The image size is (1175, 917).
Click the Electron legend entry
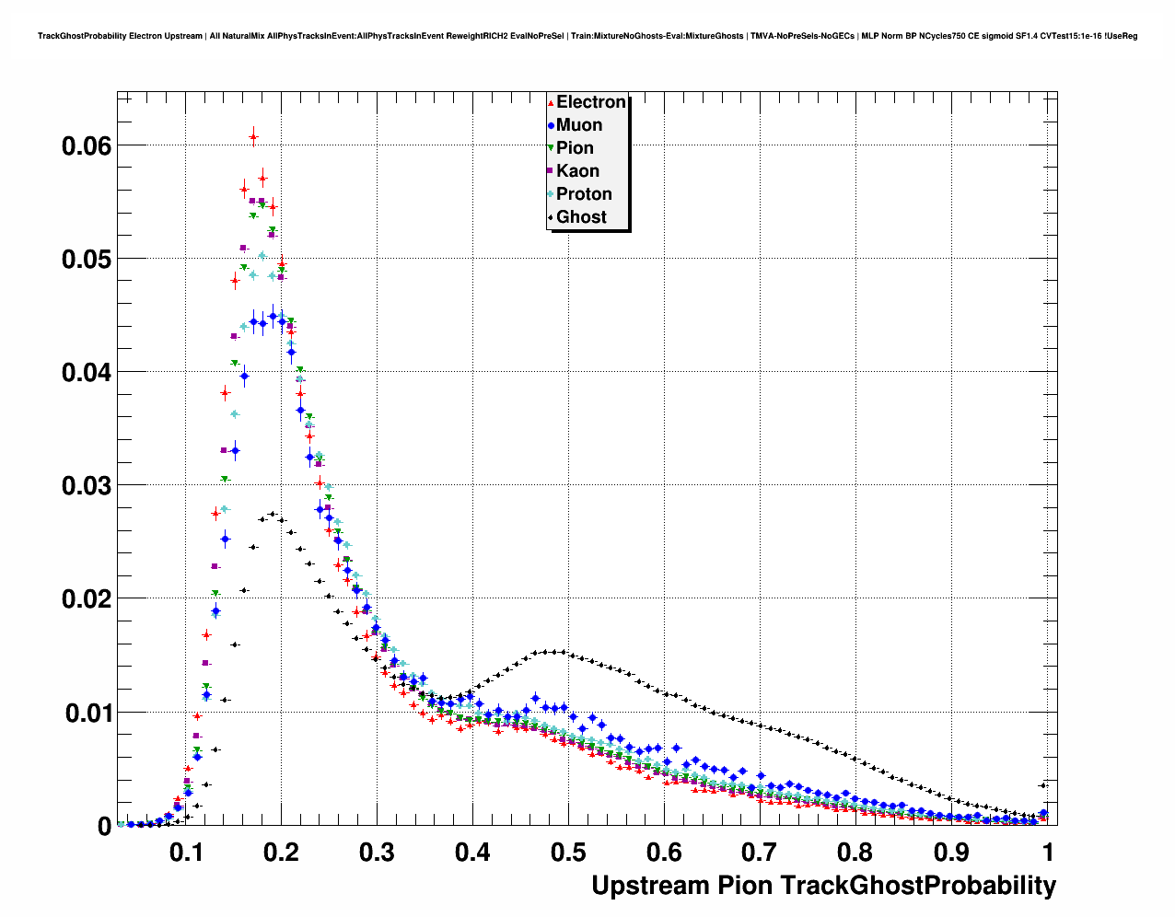click(x=590, y=102)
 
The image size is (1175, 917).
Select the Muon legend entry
click(x=579, y=125)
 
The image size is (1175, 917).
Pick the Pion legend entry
click(x=575, y=148)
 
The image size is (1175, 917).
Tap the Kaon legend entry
click(x=577, y=171)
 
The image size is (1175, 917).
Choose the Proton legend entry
click(x=584, y=194)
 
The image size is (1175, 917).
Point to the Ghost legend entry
click(x=581, y=217)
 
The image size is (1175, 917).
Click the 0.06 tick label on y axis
click(x=87, y=145)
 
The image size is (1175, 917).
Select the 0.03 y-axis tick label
click(x=87, y=485)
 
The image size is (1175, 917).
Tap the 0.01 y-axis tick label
click(x=87, y=713)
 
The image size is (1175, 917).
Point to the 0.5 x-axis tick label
click(x=568, y=853)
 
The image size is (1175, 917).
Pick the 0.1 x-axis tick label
click(x=186, y=853)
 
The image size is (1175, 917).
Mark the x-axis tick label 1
click(x=1047, y=853)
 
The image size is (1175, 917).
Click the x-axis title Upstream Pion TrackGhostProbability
click(x=823, y=886)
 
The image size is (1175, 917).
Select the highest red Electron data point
click(x=253, y=136)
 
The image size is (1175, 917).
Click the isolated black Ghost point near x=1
click(x=1043, y=785)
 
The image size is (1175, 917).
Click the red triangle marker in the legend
click(x=551, y=103)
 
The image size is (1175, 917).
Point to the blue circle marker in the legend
click(x=551, y=126)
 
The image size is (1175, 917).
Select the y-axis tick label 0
click(x=104, y=827)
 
